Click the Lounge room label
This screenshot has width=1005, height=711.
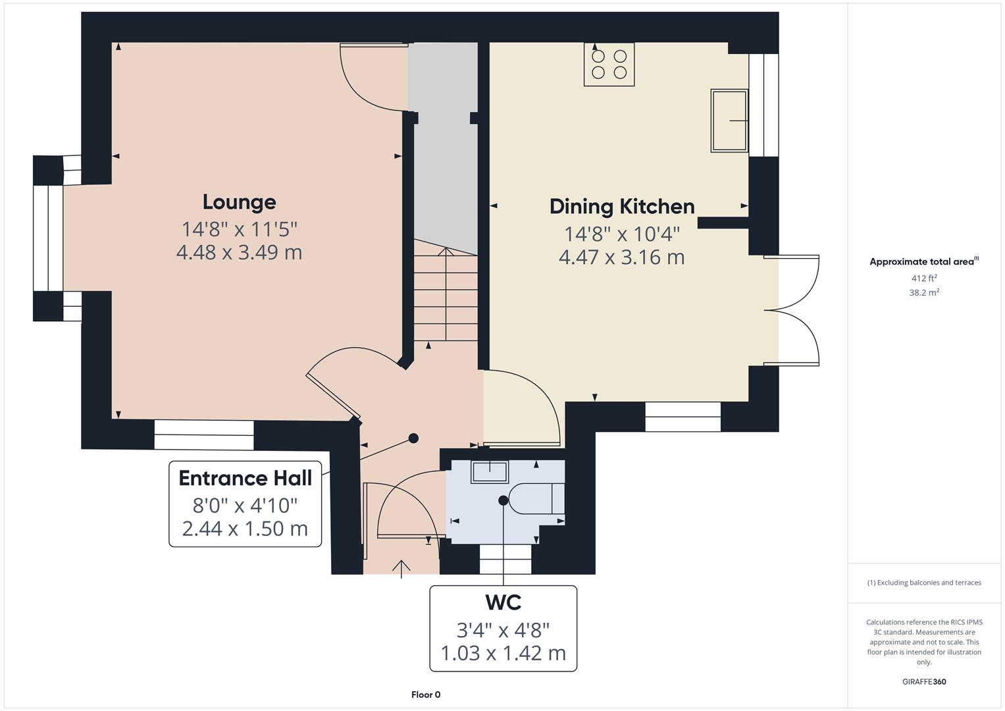point(239,202)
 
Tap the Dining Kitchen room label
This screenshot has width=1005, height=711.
point(622,207)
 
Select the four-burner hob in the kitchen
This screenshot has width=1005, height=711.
point(609,65)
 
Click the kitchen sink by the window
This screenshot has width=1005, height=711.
point(729,121)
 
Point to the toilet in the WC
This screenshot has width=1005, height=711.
point(536,499)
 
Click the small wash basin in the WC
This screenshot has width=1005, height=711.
point(489,472)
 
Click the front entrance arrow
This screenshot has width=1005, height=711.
point(401,567)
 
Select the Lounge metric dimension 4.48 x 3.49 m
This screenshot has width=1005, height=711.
point(239,252)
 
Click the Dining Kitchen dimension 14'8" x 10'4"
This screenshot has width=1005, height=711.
point(622,234)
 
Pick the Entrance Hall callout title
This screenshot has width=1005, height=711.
point(245,478)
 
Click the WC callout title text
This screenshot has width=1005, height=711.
point(503,602)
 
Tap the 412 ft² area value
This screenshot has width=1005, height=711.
point(923,278)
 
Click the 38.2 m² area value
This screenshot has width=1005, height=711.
point(923,293)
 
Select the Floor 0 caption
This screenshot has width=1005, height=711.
point(426,695)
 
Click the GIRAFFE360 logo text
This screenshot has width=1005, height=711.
point(923,681)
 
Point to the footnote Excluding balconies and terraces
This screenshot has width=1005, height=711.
point(923,583)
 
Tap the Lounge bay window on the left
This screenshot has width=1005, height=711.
point(47,238)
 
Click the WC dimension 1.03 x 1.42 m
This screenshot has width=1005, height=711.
point(503,653)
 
